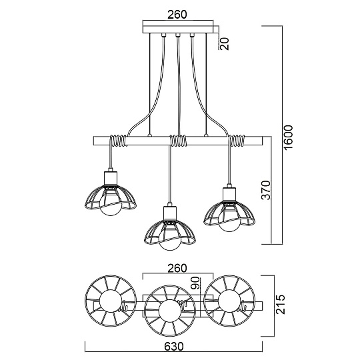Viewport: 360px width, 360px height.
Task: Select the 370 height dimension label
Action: (x=266, y=191)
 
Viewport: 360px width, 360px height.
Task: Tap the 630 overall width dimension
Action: (x=174, y=347)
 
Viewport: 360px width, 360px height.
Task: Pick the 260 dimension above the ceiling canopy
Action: (x=177, y=14)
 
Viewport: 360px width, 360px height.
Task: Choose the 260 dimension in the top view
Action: (x=177, y=268)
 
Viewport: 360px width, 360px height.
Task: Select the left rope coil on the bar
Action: (x=117, y=141)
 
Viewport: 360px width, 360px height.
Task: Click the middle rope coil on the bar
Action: (x=178, y=141)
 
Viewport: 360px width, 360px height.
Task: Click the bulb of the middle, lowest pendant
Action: (x=169, y=241)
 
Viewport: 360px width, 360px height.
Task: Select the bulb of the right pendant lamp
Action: (x=229, y=222)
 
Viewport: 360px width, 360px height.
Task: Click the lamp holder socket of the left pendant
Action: (x=110, y=179)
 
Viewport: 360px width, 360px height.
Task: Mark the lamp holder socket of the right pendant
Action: (x=230, y=193)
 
